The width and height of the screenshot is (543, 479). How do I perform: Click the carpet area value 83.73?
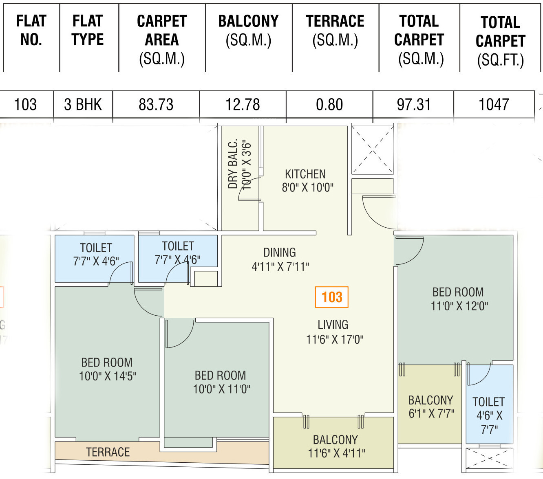(x=156, y=104)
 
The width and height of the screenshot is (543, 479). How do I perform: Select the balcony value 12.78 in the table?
(x=243, y=104)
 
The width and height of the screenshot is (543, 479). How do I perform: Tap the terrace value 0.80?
(x=329, y=104)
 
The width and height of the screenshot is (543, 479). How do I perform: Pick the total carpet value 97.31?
(x=414, y=104)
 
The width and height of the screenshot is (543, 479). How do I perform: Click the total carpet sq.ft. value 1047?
(x=494, y=104)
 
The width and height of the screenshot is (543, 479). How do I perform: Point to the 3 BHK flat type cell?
(x=83, y=104)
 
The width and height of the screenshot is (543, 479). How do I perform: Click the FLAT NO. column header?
(x=31, y=30)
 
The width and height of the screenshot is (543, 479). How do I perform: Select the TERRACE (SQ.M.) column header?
(x=335, y=31)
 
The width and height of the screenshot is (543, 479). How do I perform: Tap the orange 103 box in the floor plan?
(x=331, y=297)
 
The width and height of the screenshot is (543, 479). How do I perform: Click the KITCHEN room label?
(x=305, y=174)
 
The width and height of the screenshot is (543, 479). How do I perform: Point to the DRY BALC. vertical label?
(x=233, y=164)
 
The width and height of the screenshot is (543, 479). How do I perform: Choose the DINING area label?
(x=280, y=253)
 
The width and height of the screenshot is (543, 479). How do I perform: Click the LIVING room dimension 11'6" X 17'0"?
(x=335, y=340)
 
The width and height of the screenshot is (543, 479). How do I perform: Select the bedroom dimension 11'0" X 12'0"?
(x=459, y=306)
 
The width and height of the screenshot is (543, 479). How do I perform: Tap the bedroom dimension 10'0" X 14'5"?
(x=108, y=376)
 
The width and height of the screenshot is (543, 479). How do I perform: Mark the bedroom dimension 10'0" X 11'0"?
(x=222, y=389)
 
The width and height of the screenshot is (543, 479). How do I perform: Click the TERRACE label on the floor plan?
(x=108, y=452)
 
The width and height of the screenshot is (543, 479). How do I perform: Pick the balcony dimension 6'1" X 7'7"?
(x=431, y=414)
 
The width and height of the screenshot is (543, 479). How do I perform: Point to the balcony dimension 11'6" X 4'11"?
(x=337, y=453)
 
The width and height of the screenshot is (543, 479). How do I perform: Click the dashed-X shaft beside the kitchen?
(x=373, y=150)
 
